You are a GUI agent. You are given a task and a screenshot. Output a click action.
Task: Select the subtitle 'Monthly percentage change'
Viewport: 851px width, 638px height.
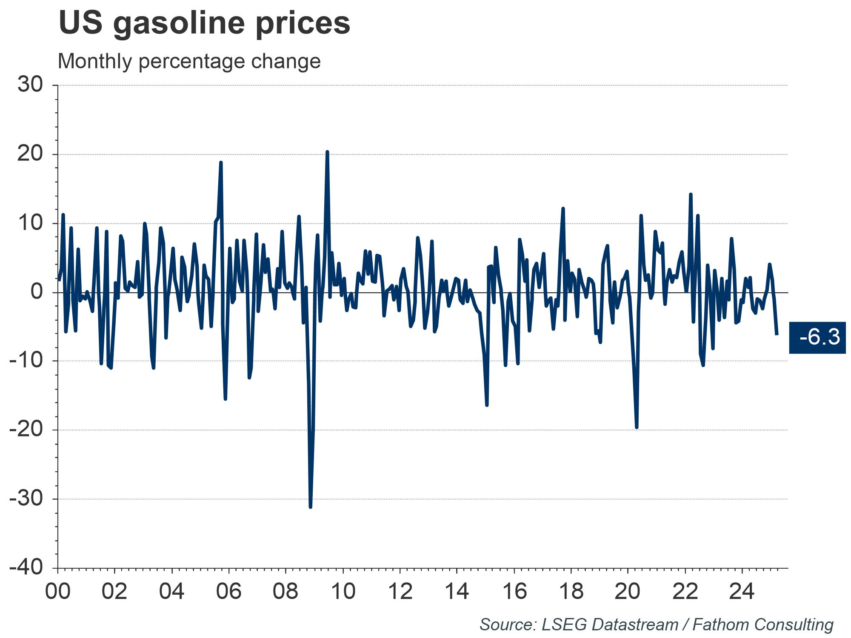pyautogui.click(x=189, y=61)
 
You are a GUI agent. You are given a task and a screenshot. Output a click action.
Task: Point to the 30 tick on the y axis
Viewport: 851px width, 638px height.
pyautogui.click(x=31, y=85)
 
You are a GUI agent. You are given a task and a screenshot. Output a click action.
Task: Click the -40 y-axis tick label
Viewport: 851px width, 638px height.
pyautogui.click(x=26, y=568)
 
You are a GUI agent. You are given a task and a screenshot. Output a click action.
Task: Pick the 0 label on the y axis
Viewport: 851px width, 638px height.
pyautogui.click(x=37, y=292)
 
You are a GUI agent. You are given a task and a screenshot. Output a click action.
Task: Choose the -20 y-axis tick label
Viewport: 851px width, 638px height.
pyautogui.click(x=26, y=430)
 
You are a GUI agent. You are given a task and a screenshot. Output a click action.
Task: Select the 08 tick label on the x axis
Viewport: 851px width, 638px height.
pyautogui.click(x=286, y=592)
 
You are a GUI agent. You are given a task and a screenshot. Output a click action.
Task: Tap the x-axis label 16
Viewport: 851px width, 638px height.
pyautogui.click(x=514, y=592)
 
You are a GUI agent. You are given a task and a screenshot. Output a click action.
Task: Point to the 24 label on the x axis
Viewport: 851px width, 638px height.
pyautogui.click(x=742, y=592)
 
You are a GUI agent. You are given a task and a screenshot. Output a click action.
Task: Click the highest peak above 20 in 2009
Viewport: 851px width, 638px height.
pyautogui.click(x=327, y=152)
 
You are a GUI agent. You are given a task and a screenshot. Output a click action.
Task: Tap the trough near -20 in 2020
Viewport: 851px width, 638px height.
pyautogui.click(x=637, y=427)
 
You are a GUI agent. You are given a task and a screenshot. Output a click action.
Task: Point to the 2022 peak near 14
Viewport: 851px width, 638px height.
pyautogui.click(x=691, y=194)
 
